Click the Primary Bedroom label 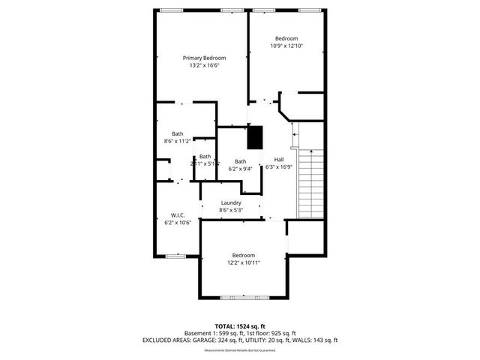pyautogui.click(x=204, y=57)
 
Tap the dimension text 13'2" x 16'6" pyautogui.click(x=204, y=65)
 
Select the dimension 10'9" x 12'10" pyautogui.click(x=286, y=46)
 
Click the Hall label pyautogui.click(x=278, y=159)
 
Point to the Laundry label pyautogui.click(x=230, y=202)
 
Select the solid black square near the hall pyautogui.click(x=256, y=137)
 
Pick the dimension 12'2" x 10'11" pyautogui.click(x=243, y=263)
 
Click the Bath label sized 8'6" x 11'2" pyautogui.click(x=177, y=133)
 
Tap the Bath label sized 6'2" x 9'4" pyautogui.click(x=240, y=161)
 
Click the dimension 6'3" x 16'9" pyautogui.click(x=278, y=167)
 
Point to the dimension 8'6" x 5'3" pyautogui.click(x=230, y=211)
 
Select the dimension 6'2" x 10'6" pyautogui.click(x=178, y=222)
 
